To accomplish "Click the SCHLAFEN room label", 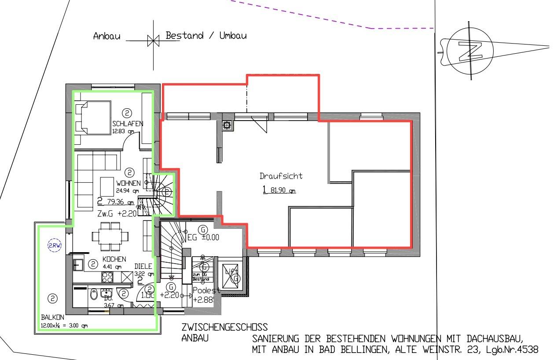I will (x=128, y=124).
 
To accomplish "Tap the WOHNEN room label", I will (x=128, y=183).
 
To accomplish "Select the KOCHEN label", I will (x=114, y=259).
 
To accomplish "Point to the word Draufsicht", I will (x=281, y=176).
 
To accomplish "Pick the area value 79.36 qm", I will (x=119, y=202).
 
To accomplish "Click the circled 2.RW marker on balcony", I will (x=55, y=246).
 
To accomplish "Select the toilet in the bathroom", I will (x=94, y=295).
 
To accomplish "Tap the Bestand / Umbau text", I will (x=206, y=36).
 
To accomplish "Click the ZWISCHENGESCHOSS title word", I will (x=224, y=328).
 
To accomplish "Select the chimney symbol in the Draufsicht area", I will (x=227, y=125).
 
